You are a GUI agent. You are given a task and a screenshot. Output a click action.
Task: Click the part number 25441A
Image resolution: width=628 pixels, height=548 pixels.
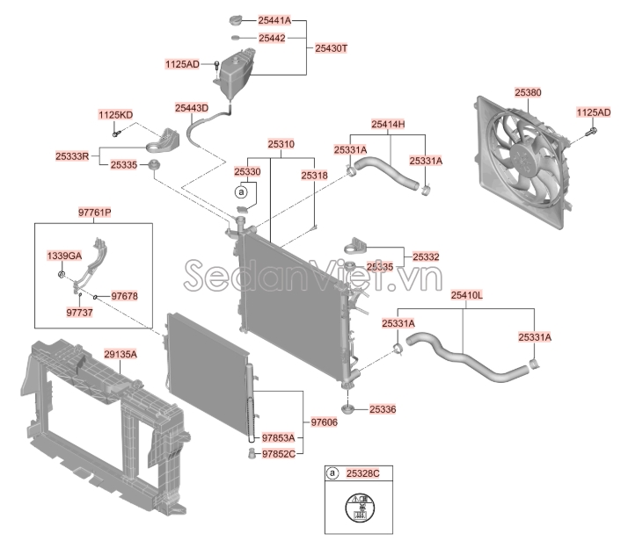(274, 19)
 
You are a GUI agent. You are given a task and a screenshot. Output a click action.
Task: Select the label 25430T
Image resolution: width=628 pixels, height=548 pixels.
(332, 50)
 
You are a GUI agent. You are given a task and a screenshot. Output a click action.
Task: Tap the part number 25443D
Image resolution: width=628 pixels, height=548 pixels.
(191, 108)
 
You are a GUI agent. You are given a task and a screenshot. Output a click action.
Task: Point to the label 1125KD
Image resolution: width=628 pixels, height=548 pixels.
(115, 116)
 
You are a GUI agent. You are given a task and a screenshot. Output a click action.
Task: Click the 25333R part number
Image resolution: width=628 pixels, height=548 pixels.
(72, 156)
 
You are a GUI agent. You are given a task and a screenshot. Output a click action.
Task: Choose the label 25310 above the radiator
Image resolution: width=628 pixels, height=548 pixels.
(281, 143)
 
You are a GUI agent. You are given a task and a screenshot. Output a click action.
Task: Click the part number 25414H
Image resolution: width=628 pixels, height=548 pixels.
(387, 125)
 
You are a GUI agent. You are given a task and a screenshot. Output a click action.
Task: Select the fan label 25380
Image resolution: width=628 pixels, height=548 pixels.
(528, 90)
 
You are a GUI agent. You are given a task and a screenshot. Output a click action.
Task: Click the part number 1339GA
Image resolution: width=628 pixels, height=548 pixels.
(63, 255)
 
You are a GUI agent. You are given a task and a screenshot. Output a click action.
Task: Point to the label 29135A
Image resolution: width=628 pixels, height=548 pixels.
(120, 354)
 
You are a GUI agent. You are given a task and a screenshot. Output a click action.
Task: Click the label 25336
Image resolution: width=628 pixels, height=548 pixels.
(383, 408)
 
